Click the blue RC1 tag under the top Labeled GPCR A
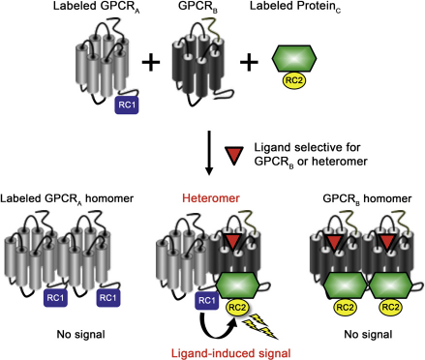pyautogui.click(x=127, y=105)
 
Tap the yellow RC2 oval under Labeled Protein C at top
pyautogui.click(x=294, y=80)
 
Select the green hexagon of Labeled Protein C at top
pyautogui.click(x=294, y=58)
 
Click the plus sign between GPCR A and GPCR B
pyautogui.click(x=151, y=61)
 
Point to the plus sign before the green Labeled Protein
pyautogui.click(x=249, y=61)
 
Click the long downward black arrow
pyautogui.click(x=209, y=153)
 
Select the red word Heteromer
pyautogui.click(x=211, y=198)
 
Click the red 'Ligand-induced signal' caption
pyautogui.click(x=230, y=353)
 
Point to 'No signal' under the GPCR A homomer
pyautogui.click(x=80, y=334)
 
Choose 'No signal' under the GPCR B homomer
pyautogui.click(x=368, y=334)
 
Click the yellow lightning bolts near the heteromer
pyautogui.click(x=260, y=326)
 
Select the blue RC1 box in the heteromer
pyautogui.click(x=206, y=301)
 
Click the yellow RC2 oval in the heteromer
pyautogui.click(x=237, y=308)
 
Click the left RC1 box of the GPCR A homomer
pyautogui.click(x=55, y=297)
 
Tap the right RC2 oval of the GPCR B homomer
pyautogui.click(x=390, y=307)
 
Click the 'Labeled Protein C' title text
pyautogui.click(x=295, y=7)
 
